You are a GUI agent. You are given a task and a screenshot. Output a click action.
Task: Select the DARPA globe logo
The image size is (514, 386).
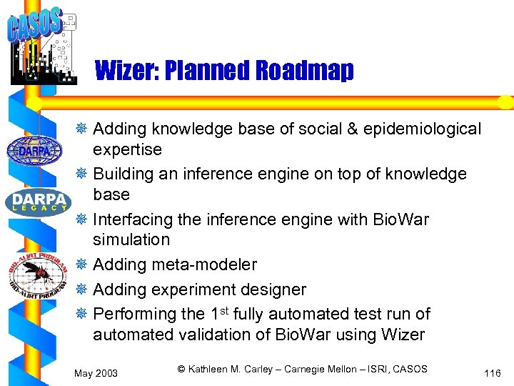click(34, 151)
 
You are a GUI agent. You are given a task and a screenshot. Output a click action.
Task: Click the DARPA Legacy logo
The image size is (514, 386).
click(39, 201)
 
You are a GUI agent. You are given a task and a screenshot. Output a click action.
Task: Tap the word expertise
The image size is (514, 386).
click(127, 150)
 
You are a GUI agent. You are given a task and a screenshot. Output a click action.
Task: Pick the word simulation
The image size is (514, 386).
click(131, 240)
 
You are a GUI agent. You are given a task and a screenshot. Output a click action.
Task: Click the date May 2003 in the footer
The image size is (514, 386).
click(96, 373)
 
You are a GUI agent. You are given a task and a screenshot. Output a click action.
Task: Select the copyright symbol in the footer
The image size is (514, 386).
click(181, 369)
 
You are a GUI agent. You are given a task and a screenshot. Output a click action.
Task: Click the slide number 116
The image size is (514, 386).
click(492, 373)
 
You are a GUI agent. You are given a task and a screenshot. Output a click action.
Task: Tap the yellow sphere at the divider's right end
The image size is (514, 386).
click(505, 102)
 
